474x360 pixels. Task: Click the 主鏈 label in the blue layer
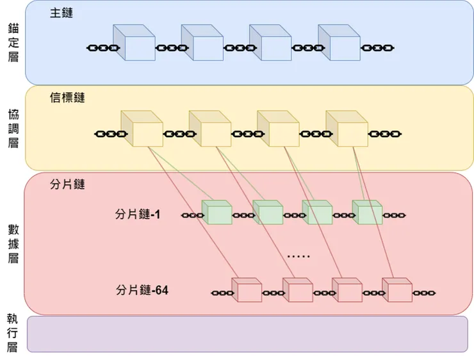(61, 13)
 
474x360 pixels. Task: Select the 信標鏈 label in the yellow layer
(67, 98)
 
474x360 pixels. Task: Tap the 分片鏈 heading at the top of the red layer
(67, 184)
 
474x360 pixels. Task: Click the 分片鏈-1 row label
(138, 214)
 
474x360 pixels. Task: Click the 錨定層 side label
(13, 42)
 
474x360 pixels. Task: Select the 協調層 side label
(13, 128)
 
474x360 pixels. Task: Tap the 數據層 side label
(13, 243)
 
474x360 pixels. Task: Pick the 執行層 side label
(13, 334)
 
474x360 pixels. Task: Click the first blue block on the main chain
(134, 44)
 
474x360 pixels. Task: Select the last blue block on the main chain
(339, 44)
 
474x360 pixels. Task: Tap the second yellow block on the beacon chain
(209, 129)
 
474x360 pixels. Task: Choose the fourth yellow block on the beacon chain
(347, 129)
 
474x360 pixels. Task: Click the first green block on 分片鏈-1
(216, 213)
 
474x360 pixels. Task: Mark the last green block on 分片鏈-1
(367, 213)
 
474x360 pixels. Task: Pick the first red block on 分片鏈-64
(246, 290)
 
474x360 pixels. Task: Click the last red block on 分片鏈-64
(397, 290)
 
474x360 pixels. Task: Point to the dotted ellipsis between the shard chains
(298, 256)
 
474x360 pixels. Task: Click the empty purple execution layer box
(247, 334)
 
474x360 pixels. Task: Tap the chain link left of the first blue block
(103, 48)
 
